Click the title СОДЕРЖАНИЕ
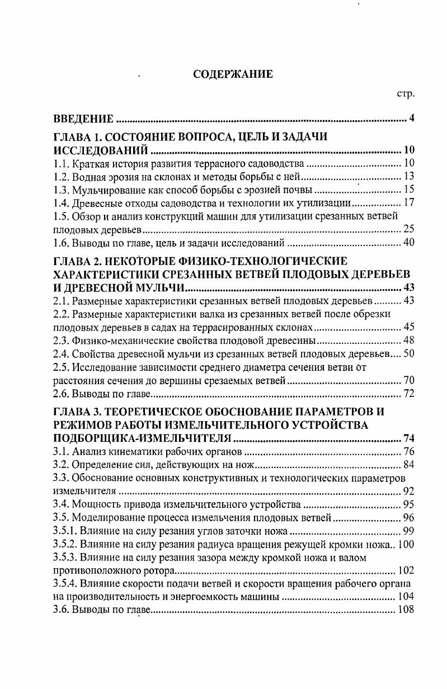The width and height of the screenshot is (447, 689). (x=233, y=74)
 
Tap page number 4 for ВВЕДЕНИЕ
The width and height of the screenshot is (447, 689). (x=411, y=119)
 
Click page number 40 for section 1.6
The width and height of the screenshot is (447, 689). (x=408, y=243)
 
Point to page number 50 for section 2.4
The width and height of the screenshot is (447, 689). (x=408, y=354)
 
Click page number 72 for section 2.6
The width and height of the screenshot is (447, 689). (x=408, y=394)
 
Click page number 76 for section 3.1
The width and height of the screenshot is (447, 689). (x=408, y=451)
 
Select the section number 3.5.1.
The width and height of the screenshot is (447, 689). (x=64, y=531)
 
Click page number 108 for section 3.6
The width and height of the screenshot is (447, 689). (x=406, y=611)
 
